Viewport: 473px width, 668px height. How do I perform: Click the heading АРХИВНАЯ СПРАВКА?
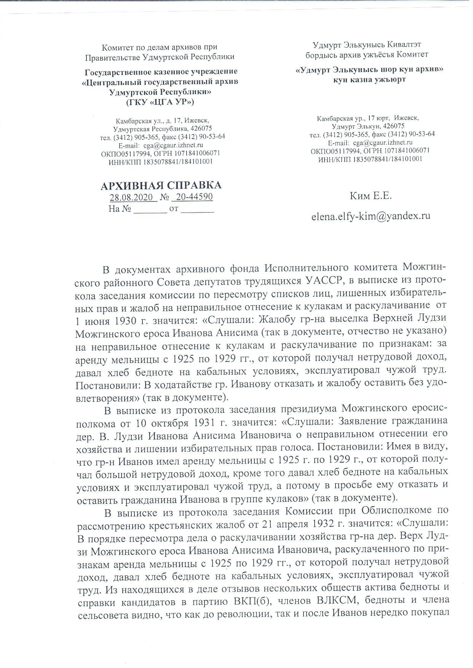[x=160, y=185]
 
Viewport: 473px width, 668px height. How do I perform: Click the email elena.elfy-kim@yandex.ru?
[x=371, y=216]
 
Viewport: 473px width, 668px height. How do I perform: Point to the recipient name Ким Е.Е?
[x=371, y=196]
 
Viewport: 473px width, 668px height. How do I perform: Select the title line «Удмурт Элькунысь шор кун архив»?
[x=370, y=70]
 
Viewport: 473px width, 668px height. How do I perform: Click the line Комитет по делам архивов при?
[x=160, y=47]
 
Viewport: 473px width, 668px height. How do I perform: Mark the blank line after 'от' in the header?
[x=198, y=209]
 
